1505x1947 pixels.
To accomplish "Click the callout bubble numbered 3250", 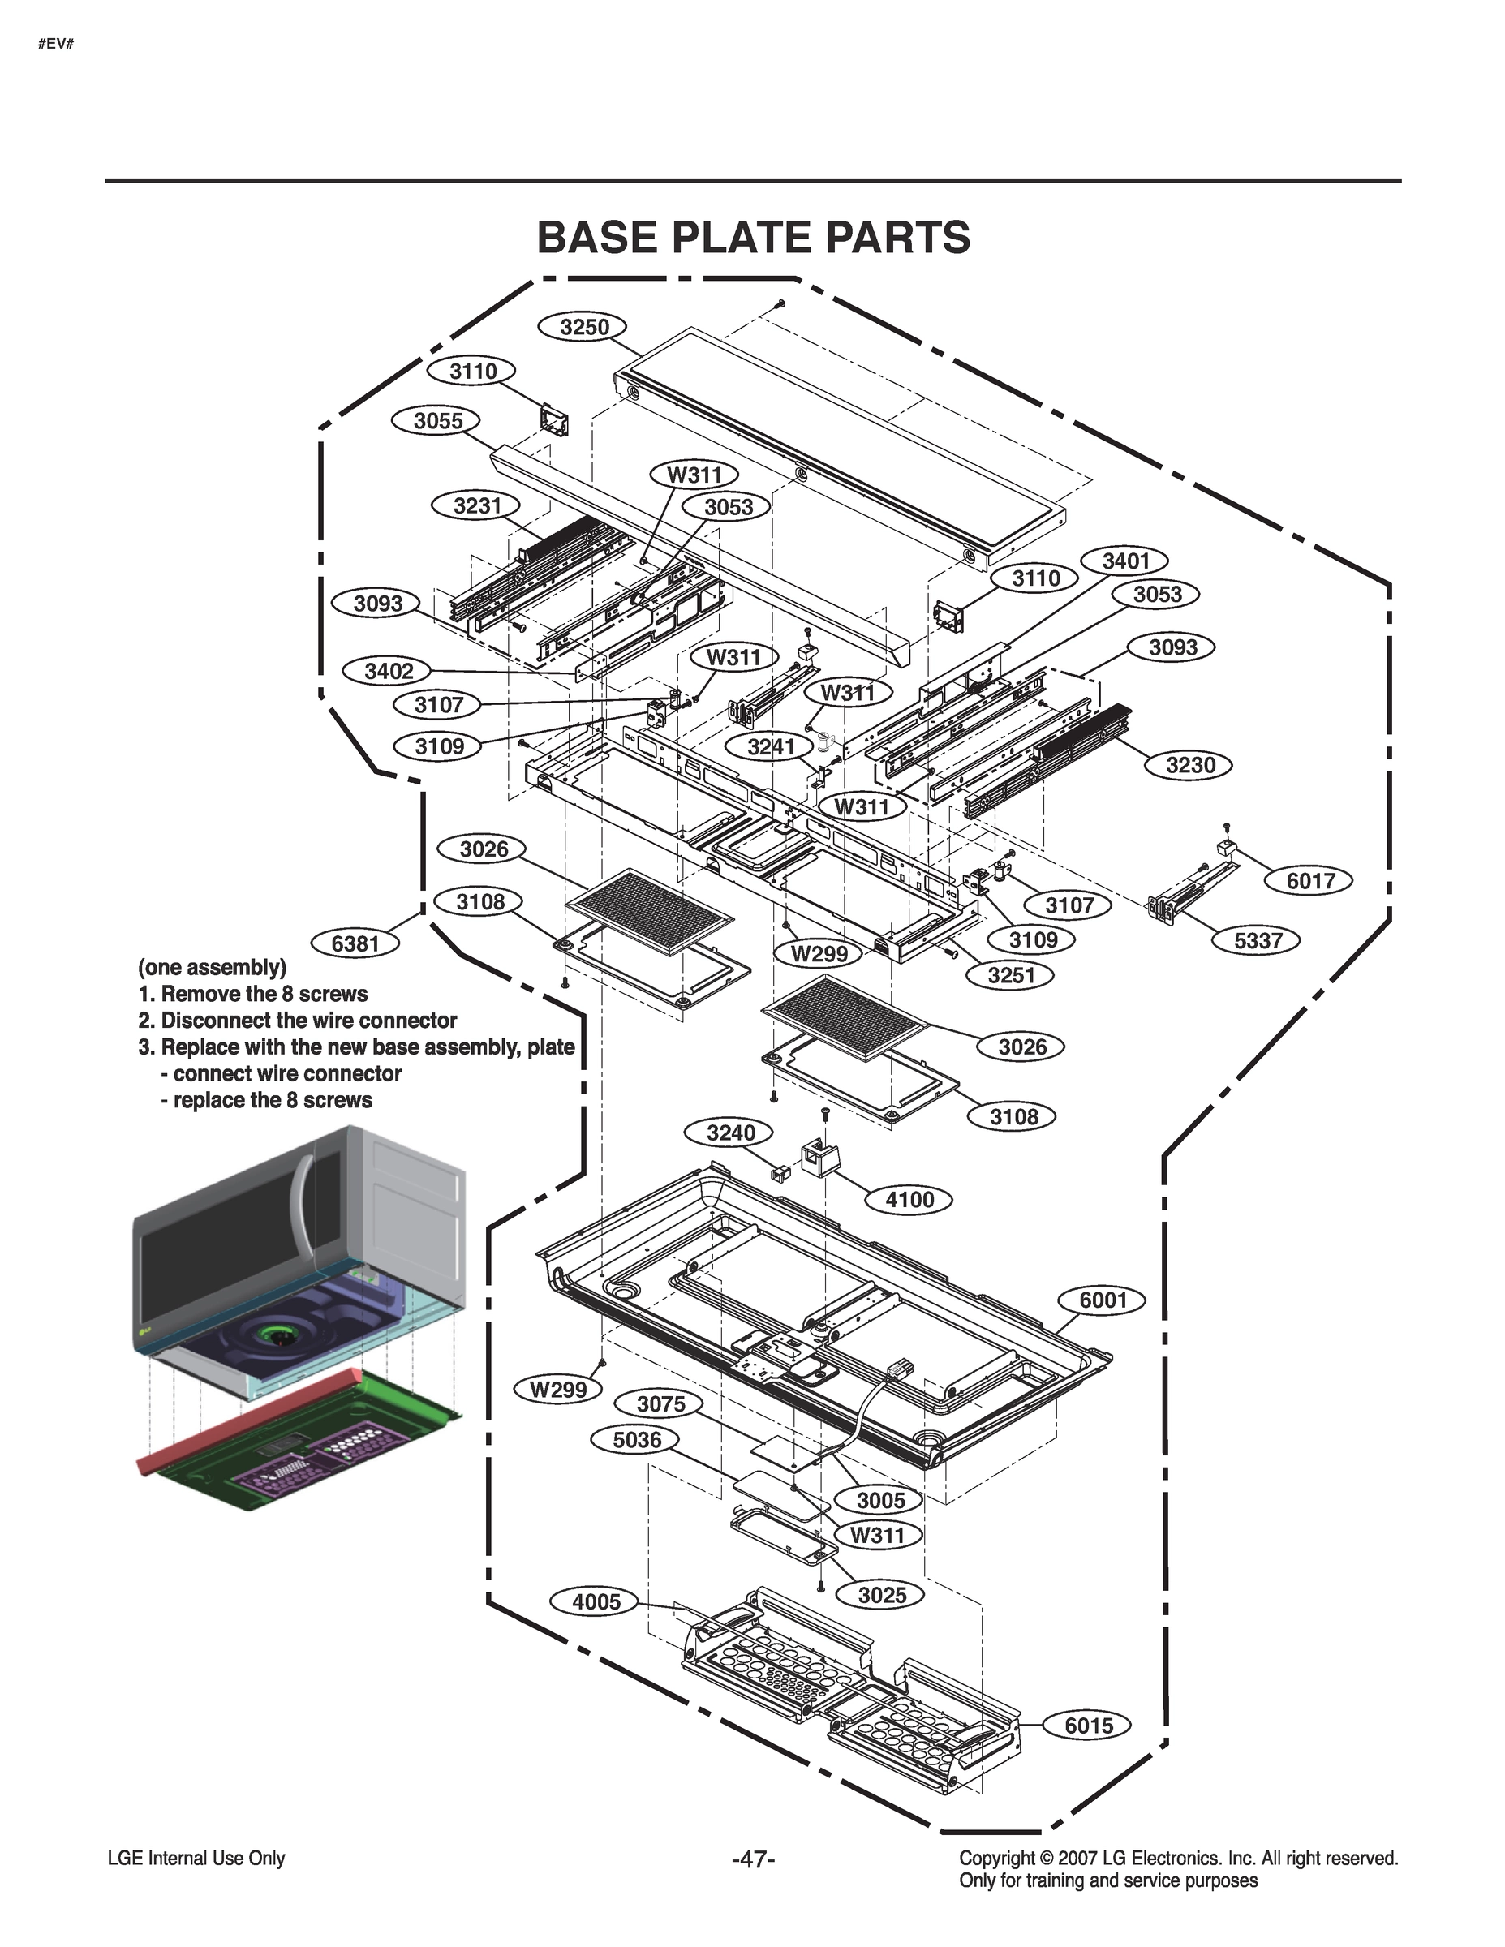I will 584,327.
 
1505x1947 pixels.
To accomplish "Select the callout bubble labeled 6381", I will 355,943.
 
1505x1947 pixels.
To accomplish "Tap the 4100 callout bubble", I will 909,1199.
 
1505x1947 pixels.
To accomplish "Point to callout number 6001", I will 1103,1300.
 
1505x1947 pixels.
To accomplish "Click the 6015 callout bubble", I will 1089,1725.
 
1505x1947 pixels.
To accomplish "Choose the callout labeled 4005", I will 596,1601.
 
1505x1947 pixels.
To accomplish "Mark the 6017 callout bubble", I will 1309,881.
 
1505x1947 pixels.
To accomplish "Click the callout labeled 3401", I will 1125,561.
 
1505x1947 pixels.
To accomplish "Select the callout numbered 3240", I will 730,1133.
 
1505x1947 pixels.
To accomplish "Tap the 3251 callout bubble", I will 1010,975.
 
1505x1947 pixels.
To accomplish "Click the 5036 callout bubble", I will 637,1440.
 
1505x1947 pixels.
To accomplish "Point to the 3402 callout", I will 389,671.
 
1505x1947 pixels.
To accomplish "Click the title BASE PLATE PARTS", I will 753,237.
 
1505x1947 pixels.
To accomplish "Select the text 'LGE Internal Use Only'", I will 196,1859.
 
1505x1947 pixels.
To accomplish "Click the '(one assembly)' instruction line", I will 213,967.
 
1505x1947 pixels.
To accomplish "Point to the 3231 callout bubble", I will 477,505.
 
